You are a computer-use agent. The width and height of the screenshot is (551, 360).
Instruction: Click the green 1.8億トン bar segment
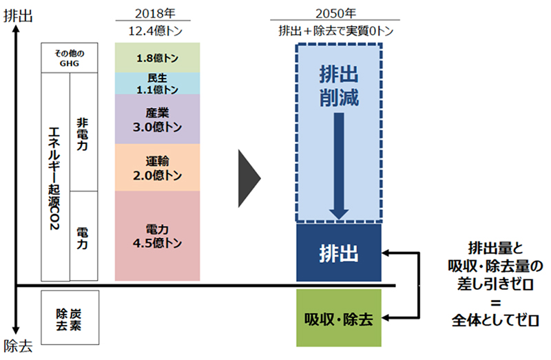click(158, 58)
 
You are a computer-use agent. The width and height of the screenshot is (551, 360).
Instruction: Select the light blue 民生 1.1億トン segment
click(158, 83)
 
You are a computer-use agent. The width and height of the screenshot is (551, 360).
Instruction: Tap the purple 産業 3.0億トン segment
click(158, 119)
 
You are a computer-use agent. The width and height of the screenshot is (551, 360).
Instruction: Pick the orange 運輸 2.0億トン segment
click(158, 167)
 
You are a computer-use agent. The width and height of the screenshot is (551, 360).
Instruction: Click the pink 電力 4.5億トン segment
click(158, 236)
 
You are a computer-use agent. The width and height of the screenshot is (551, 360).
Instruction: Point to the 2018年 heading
click(155, 14)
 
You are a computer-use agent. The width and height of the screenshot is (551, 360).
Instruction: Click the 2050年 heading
click(335, 14)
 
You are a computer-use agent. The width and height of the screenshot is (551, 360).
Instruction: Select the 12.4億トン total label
click(156, 31)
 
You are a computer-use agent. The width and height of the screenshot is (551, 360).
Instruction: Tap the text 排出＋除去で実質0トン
click(336, 31)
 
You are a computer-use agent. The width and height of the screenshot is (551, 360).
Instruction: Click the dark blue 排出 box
click(339, 253)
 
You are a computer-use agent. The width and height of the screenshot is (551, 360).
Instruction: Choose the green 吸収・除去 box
click(339, 318)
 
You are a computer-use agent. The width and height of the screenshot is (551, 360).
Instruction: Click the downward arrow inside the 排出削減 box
click(339, 166)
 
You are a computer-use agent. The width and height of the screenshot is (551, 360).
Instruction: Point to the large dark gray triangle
click(249, 178)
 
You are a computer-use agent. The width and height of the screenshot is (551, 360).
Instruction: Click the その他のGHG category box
click(70, 58)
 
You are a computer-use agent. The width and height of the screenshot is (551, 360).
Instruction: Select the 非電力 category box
click(83, 132)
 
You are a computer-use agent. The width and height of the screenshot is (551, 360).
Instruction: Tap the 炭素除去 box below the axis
click(70, 317)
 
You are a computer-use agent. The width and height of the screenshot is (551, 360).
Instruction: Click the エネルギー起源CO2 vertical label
click(54, 178)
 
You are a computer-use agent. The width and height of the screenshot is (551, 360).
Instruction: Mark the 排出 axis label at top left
click(18, 16)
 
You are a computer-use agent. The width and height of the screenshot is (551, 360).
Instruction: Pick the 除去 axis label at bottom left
click(18, 346)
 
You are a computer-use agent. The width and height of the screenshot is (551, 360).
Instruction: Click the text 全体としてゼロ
click(495, 320)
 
